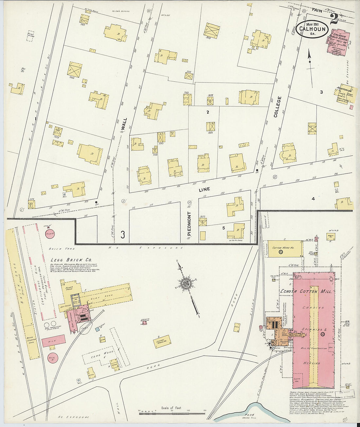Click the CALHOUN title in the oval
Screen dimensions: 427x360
313,29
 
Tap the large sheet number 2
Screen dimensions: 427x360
334,19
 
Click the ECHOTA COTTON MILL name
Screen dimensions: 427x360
306,291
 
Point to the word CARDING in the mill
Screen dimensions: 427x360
313,308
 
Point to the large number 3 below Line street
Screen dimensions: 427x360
123,234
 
